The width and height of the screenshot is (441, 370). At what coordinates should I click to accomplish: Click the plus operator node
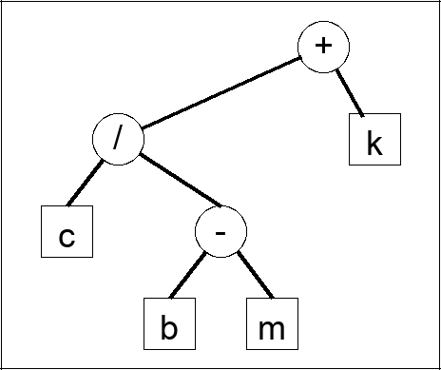point(324,46)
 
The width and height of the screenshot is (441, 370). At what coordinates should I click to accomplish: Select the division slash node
point(118,139)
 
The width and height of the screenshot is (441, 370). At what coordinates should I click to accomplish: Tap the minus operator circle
point(220,231)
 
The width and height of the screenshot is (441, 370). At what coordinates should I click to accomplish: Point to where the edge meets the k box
point(362,115)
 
